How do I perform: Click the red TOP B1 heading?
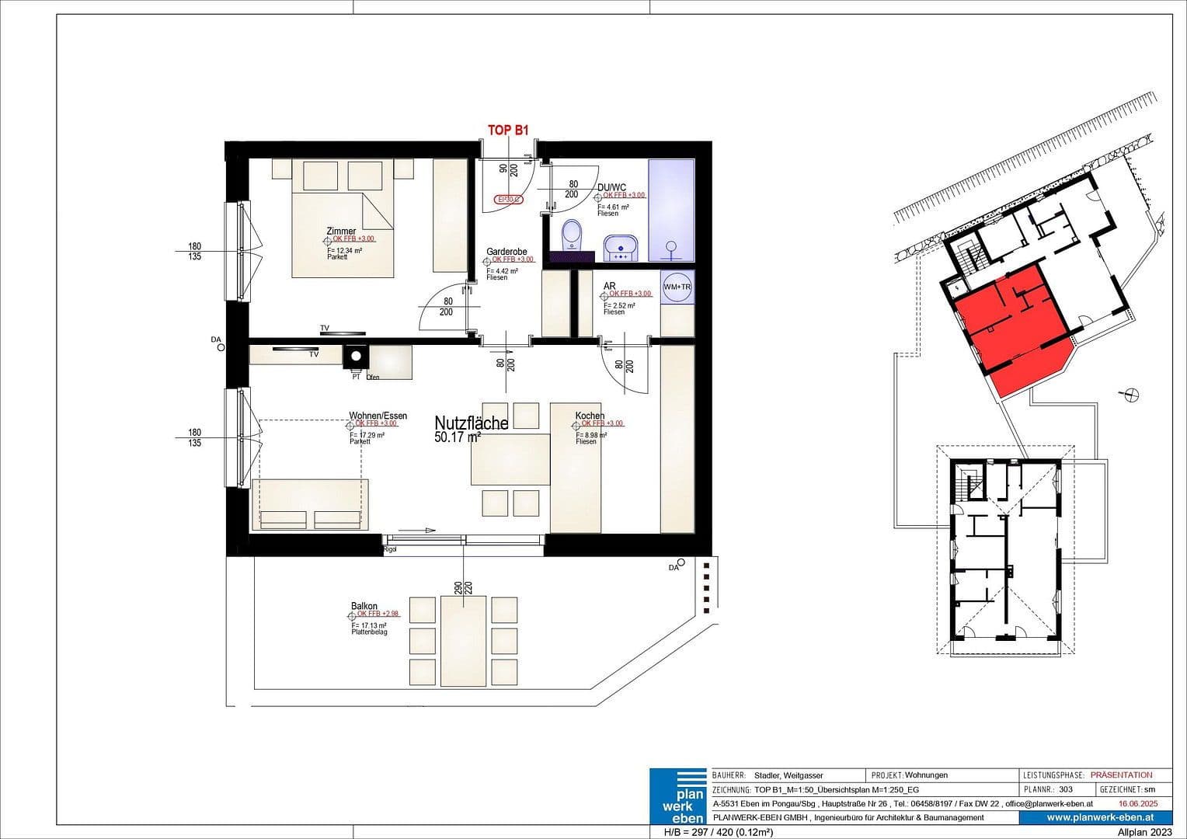(507, 131)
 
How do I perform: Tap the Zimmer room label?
(342, 232)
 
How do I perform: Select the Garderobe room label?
(506, 252)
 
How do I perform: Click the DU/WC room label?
(611, 187)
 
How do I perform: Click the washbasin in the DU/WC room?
(621, 248)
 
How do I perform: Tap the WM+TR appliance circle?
(677, 287)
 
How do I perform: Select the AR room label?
(609, 287)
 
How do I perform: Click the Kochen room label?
(590, 416)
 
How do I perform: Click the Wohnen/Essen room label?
(378, 416)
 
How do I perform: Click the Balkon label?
(364, 606)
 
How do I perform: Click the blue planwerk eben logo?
(677, 796)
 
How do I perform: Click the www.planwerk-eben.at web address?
(1099, 817)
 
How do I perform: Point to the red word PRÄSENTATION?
(1121, 775)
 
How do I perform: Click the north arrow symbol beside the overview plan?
(1131, 395)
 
